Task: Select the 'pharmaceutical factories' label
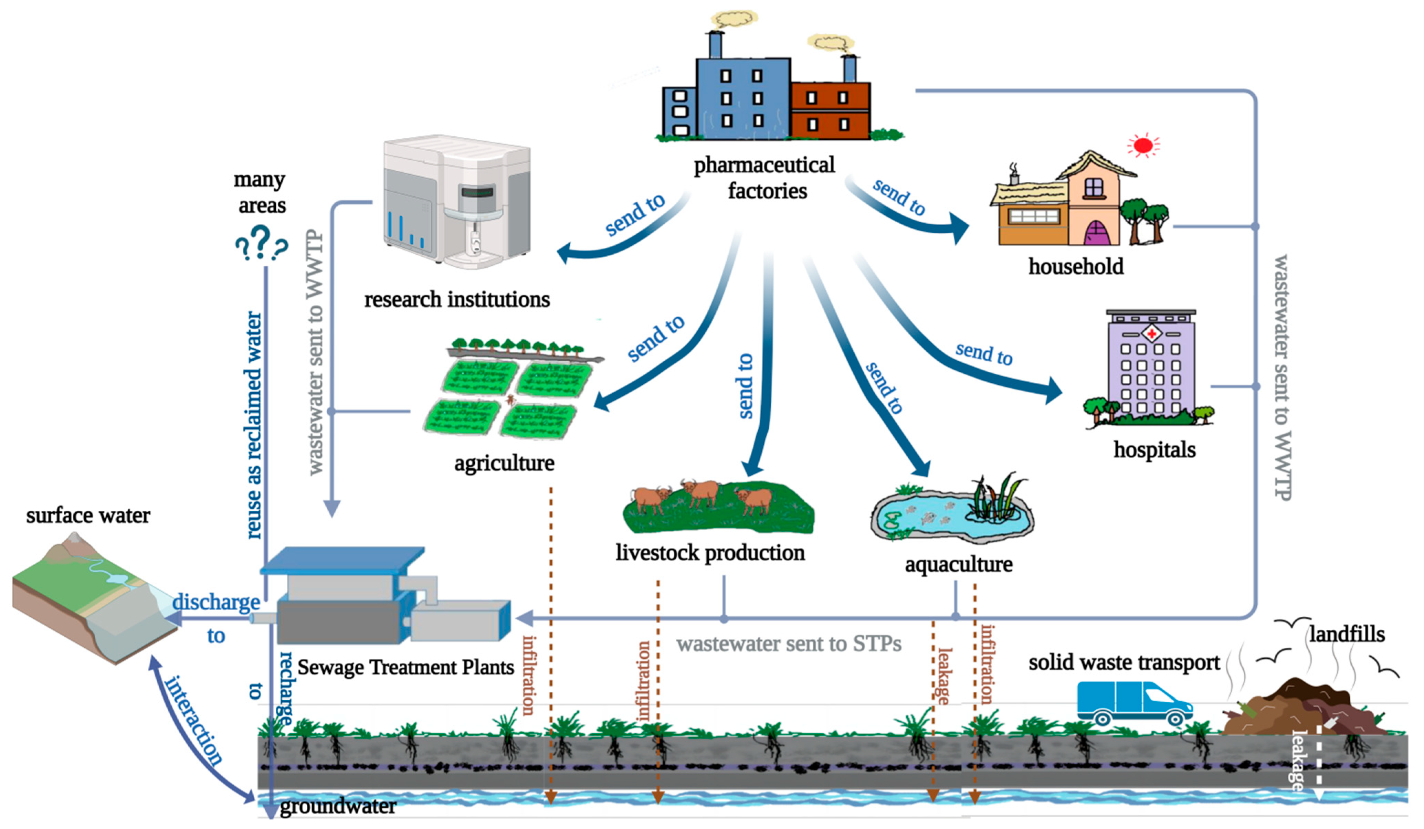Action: coord(764,178)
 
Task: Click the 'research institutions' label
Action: coord(456,299)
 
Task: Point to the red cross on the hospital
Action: coord(1151,333)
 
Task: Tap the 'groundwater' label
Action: coord(338,806)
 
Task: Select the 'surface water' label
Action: coord(88,516)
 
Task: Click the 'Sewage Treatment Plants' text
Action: coord(405,667)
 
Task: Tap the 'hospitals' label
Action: coord(1154,450)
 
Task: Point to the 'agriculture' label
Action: coord(504,464)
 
